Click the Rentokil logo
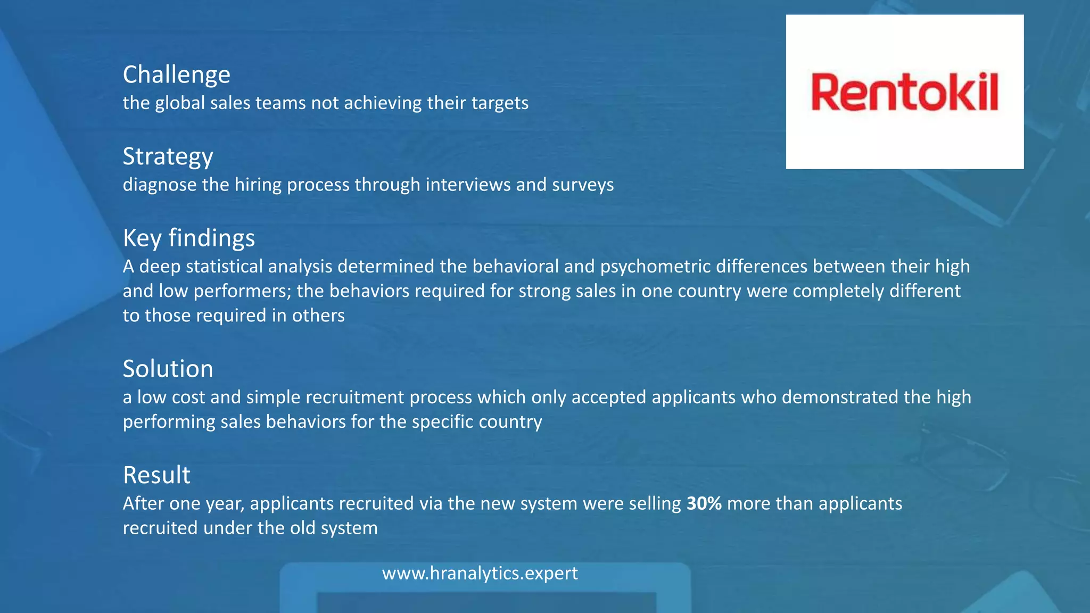904,92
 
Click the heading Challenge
176,74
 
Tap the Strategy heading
168,156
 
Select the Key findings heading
188,238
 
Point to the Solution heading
168,369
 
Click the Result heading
156,475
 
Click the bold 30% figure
704,503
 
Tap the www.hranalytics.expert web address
480,573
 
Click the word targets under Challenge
499,103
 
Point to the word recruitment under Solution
355,397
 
